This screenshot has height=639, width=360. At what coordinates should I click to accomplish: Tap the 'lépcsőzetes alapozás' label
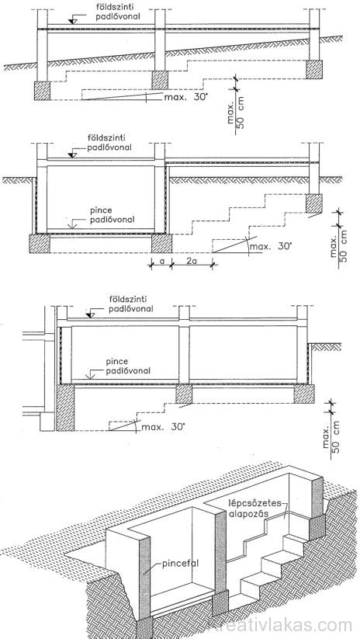248,508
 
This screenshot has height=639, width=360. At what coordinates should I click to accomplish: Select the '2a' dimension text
192,262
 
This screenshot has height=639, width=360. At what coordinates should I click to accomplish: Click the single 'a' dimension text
161,262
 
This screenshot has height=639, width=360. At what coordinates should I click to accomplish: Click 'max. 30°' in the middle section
271,247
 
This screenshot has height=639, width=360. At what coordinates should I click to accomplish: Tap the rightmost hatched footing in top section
314,70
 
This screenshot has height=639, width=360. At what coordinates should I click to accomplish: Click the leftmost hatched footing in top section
42,91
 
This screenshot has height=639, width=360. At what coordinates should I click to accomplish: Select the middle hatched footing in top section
160,80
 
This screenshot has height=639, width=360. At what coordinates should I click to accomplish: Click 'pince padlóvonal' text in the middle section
112,216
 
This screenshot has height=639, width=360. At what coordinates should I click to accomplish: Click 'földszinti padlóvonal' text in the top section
108,12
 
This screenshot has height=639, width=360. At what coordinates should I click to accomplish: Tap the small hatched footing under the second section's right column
314,203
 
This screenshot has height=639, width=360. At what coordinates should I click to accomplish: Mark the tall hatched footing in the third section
65,408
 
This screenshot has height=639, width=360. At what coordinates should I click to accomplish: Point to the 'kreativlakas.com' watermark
280,625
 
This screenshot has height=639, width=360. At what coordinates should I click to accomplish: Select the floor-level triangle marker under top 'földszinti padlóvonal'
73,20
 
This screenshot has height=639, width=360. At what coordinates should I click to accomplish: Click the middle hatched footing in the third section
184,394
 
